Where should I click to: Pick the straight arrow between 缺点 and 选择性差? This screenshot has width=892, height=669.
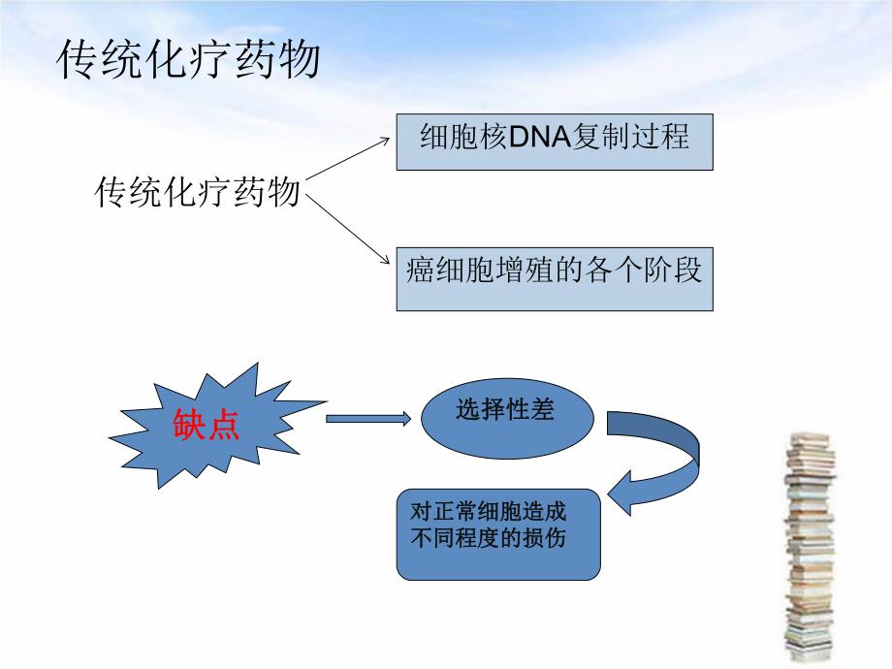368,419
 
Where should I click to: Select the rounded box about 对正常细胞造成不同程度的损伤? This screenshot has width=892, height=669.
498,534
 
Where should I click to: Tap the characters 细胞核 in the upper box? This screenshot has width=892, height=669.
449,138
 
